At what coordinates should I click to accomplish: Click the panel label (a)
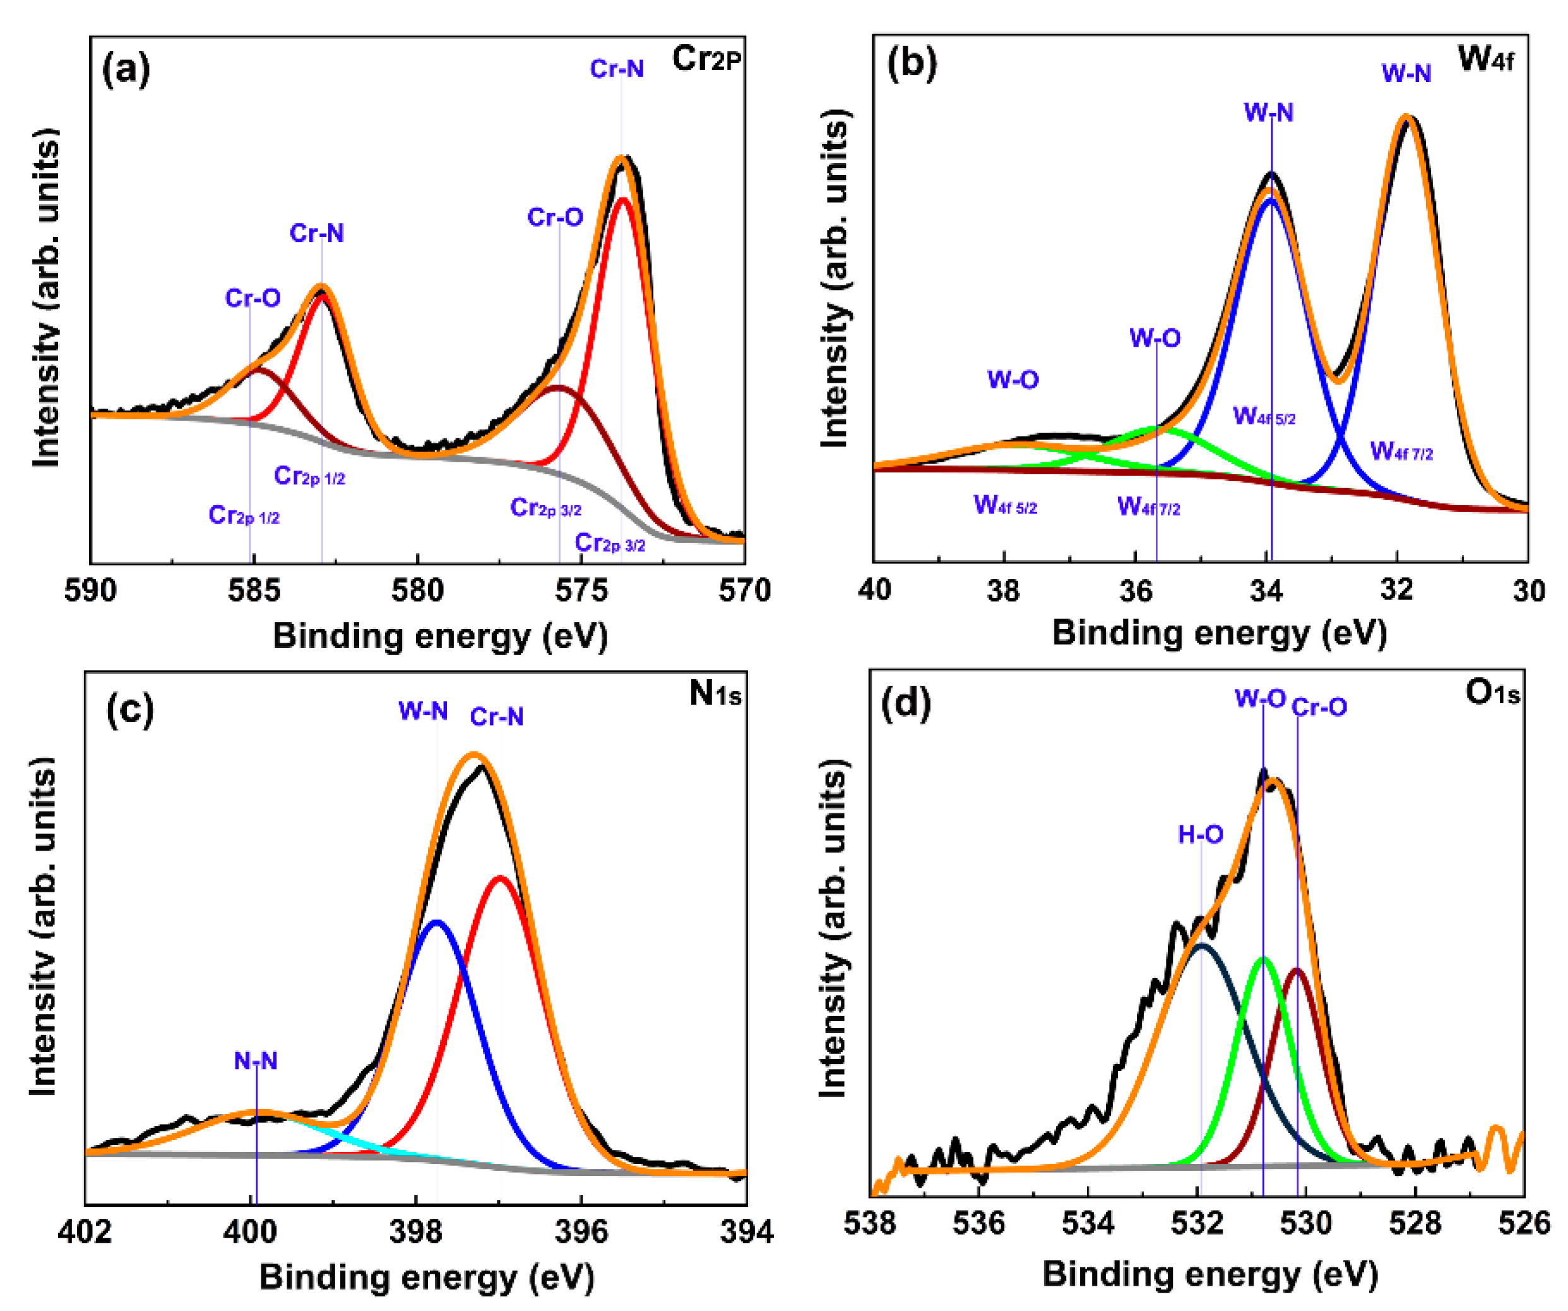coord(126,69)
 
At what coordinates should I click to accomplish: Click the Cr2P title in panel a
coord(706,58)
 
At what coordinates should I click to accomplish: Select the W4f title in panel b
coord(1485,58)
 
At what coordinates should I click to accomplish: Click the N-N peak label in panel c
coord(256,1061)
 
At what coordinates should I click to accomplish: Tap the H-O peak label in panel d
coord(1200,834)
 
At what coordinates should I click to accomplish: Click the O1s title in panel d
coord(1492,693)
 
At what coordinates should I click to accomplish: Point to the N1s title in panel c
coord(715,694)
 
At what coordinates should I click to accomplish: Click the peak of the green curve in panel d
coord(1263,959)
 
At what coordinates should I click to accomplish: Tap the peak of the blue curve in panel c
coord(437,922)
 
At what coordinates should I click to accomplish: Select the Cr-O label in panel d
coord(1319,707)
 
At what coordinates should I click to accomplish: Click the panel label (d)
coord(906,703)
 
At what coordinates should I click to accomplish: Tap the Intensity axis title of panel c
coord(44,926)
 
